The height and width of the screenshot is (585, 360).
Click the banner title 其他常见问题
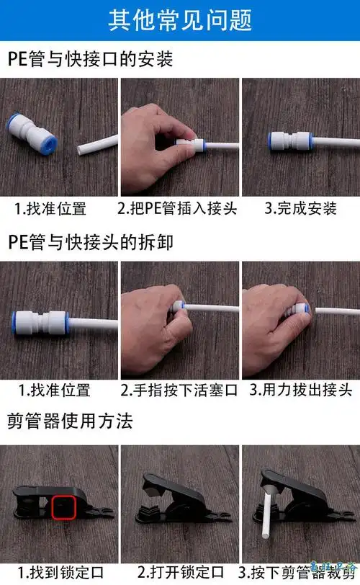coord(180,20)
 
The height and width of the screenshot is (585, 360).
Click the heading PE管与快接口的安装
coord(91,58)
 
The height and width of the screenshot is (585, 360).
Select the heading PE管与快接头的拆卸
coord(91,241)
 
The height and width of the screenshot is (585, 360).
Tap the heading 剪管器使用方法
coord(71,421)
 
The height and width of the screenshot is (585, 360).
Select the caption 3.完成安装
coord(301,209)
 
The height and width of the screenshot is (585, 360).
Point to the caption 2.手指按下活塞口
coord(179,390)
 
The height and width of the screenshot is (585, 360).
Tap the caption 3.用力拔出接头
coord(301,390)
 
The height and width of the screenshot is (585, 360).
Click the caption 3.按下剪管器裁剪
coord(301,573)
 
